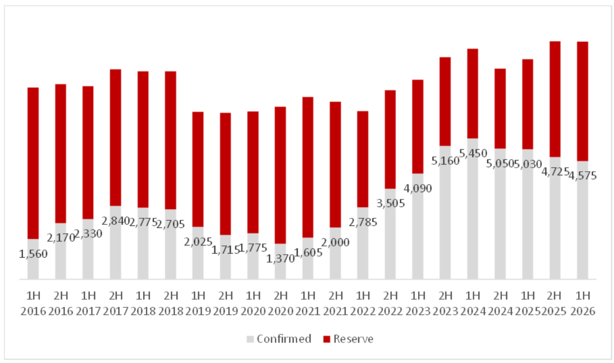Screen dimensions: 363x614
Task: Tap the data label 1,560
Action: [x=33, y=254]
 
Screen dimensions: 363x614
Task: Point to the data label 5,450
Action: [x=473, y=153]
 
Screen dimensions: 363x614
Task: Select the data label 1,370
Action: [x=280, y=259]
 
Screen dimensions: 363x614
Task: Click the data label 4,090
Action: [x=418, y=189]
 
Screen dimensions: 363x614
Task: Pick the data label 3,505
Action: [x=390, y=203]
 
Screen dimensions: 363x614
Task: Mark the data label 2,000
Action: [x=335, y=242]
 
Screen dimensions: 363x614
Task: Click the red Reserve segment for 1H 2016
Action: [x=33, y=163]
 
